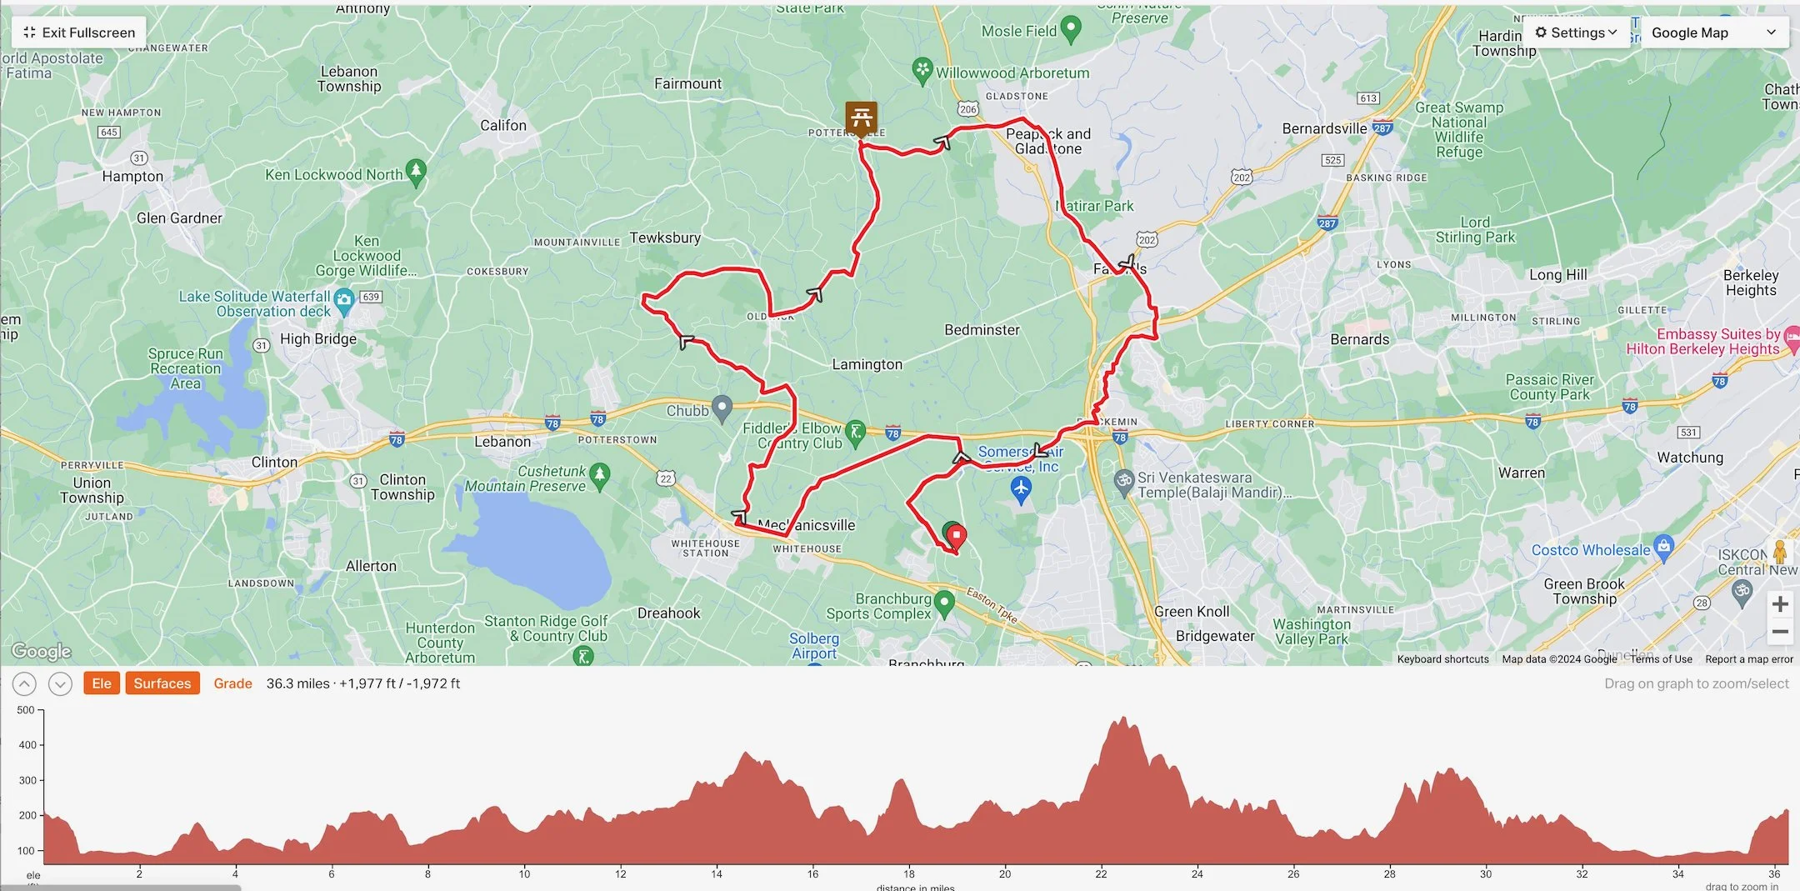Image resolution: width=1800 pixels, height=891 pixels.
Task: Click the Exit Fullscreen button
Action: (x=79, y=33)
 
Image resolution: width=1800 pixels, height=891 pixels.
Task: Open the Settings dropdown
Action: (x=1575, y=33)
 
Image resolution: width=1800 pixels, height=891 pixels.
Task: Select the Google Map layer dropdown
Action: (x=1713, y=33)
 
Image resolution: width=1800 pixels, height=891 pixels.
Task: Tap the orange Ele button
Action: (x=102, y=683)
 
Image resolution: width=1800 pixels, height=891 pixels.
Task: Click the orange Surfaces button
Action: (x=162, y=683)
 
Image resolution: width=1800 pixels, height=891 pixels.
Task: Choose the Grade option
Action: (x=232, y=683)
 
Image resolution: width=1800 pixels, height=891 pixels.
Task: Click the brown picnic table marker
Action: (x=861, y=117)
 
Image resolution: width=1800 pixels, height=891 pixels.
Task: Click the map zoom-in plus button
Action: (x=1780, y=603)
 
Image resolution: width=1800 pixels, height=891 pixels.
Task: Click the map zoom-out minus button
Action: (x=1780, y=632)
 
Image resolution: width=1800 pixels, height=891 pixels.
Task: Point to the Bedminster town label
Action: (x=982, y=330)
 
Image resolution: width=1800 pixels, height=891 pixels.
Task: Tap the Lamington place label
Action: (x=867, y=364)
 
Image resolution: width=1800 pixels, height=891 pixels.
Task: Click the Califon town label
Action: (x=503, y=126)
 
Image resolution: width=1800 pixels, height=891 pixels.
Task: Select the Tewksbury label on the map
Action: (x=665, y=238)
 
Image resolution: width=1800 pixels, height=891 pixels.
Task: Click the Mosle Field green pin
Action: (x=1071, y=30)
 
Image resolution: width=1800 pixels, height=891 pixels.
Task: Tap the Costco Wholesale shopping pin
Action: (x=1663, y=547)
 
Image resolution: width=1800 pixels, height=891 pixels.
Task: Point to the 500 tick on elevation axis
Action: (x=27, y=710)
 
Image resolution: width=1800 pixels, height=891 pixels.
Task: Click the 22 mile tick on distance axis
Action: (x=1101, y=873)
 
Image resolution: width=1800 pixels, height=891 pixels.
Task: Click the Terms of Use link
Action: (x=1661, y=659)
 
